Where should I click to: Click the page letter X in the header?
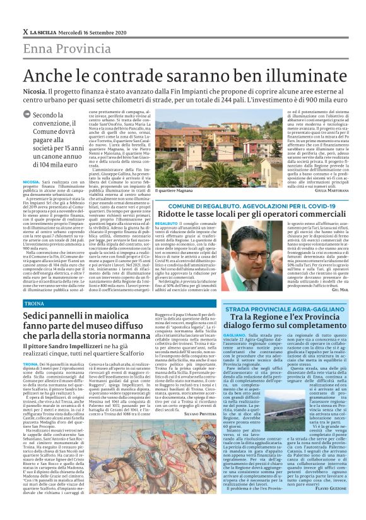25,32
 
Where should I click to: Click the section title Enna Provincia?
67,49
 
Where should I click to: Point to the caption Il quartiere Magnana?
174,190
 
